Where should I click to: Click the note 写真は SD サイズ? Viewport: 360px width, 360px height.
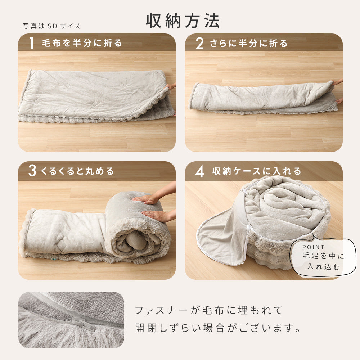pyautogui.click(x=51, y=26)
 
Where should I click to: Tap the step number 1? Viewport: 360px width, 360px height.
pyautogui.click(x=32, y=43)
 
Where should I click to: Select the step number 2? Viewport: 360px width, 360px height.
pyautogui.click(x=199, y=43)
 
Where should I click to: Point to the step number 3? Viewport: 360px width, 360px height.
pyautogui.click(x=32, y=171)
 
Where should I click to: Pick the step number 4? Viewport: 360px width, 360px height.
pyautogui.click(x=199, y=171)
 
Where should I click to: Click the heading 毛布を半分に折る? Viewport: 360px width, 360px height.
pyautogui.click(x=82, y=43)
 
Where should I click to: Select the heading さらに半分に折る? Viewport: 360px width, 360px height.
pyautogui.click(x=248, y=43)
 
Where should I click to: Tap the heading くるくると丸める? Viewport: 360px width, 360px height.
pyautogui.click(x=77, y=171)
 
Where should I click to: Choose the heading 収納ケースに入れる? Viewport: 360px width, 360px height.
pyautogui.click(x=256, y=171)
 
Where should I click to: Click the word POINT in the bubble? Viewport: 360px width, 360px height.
pyautogui.click(x=313, y=247)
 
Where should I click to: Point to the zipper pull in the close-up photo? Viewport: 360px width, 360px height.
pyautogui.click(x=84, y=323)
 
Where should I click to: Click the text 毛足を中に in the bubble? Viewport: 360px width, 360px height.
pyautogui.click(x=323, y=256)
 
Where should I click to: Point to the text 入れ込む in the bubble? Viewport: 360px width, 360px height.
pyautogui.click(x=324, y=266)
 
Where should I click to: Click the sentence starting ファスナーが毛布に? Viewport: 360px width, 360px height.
pyautogui.click(x=208, y=310)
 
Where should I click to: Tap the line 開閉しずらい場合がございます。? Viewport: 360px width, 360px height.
pyautogui.click(x=218, y=328)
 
